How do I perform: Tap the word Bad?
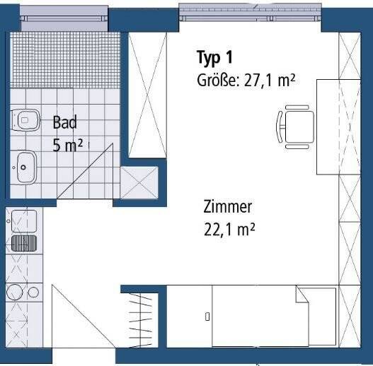click(x=64, y=122)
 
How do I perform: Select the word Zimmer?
click(x=228, y=207)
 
